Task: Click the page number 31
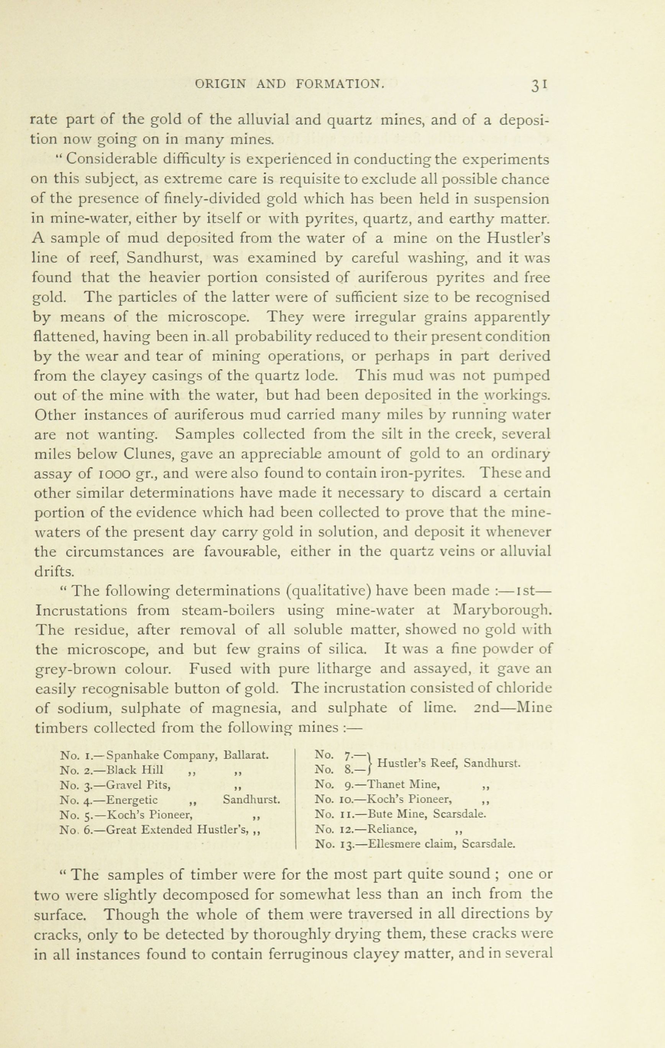pos(539,84)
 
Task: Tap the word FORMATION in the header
pos(340,84)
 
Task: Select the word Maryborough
pos(502,611)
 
